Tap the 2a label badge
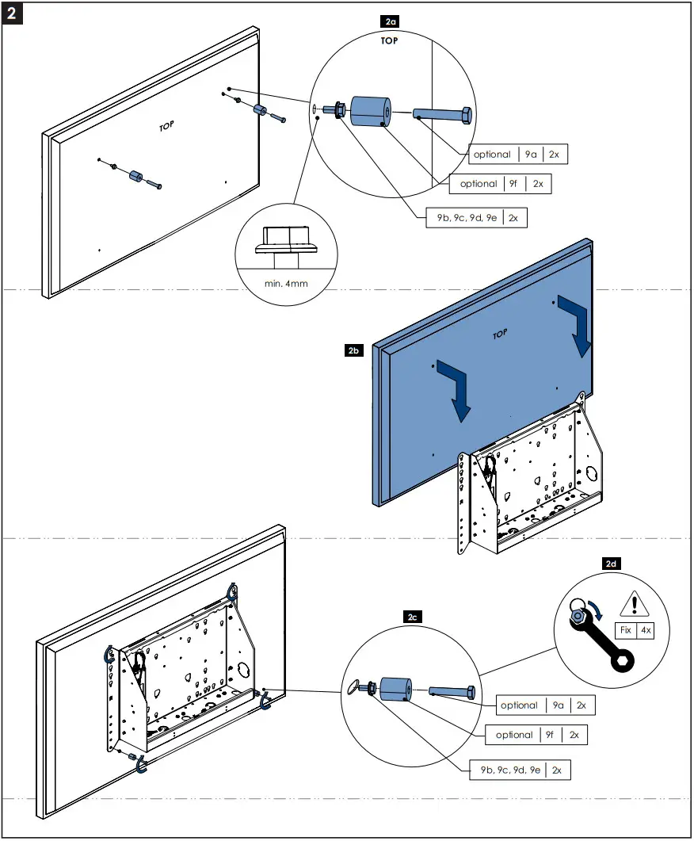[389, 25]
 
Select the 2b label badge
[354, 349]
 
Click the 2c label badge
[411, 616]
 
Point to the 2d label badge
[610, 564]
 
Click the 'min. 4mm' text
[286, 281]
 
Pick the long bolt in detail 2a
[443, 115]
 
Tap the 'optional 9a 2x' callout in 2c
[543, 705]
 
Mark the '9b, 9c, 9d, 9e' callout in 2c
[520, 770]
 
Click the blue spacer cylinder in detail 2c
[395, 688]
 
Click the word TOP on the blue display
[499, 334]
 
